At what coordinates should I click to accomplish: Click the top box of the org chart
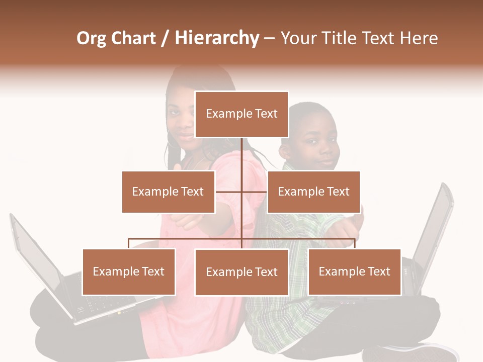[242, 114]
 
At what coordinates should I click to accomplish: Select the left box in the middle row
[168, 192]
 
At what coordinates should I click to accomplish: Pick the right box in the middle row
[313, 192]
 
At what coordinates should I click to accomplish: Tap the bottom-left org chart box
[129, 271]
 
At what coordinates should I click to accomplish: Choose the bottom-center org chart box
[242, 272]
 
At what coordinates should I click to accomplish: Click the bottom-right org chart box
[354, 271]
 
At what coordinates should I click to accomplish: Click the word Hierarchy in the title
[217, 38]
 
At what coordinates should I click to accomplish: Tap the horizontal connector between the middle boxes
[242, 192]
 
